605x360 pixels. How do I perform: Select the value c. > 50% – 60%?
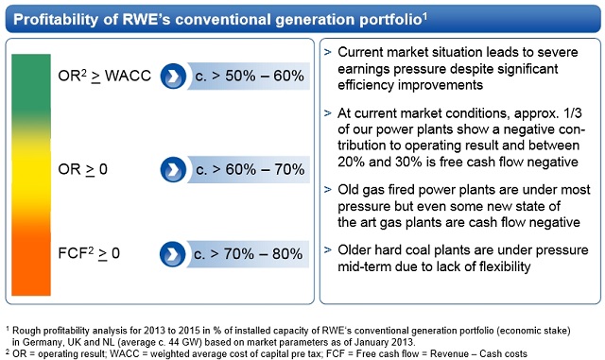[x=249, y=76]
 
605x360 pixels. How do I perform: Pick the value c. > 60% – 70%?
[x=249, y=169]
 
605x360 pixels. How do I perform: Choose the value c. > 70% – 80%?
[x=249, y=253]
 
